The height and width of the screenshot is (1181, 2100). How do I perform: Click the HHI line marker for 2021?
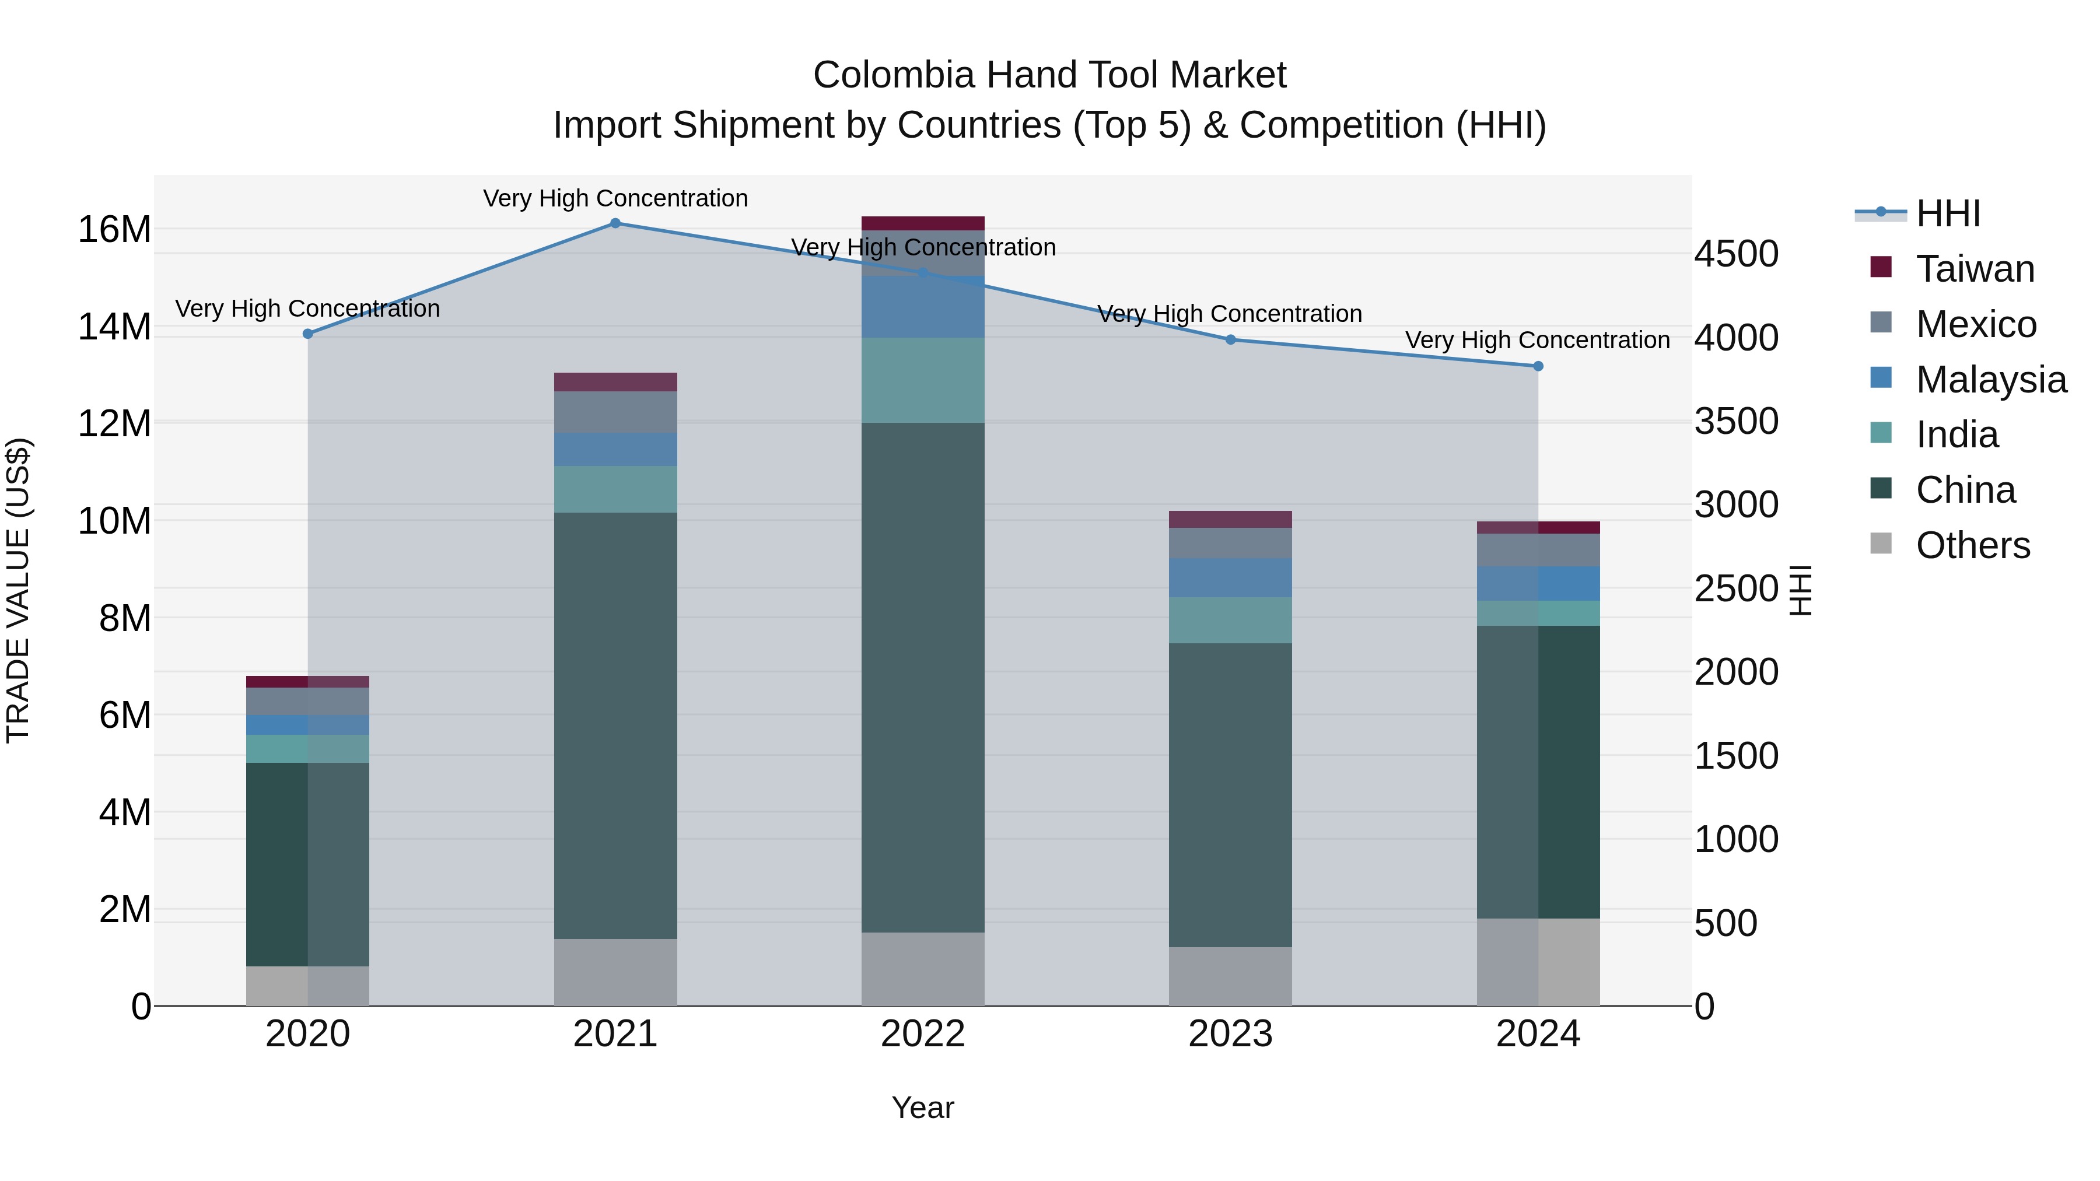pyautogui.click(x=615, y=223)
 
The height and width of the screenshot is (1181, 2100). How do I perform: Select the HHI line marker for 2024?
pyautogui.click(x=1538, y=366)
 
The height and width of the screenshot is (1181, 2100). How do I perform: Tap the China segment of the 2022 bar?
pyautogui.click(x=923, y=677)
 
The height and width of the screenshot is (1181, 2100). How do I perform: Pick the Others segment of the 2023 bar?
pyautogui.click(x=1230, y=976)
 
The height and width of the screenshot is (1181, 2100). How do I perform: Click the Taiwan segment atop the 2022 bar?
pyautogui.click(x=923, y=223)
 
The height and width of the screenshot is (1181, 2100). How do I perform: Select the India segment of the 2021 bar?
pyautogui.click(x=615, y=489)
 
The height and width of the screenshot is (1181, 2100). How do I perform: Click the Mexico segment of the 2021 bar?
pyautogui.click(x=615, y=412)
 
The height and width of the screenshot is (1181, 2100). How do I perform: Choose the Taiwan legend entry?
pyautogui.click(x=1975, y=269)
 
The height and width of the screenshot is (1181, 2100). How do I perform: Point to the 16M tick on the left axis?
pyautogui.click(x=114, y=230)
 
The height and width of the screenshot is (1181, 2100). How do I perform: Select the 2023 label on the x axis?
pyautogui.click(x=1230, y=1034)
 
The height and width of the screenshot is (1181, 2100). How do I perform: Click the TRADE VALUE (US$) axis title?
pyautogui.click(x=18, y=590)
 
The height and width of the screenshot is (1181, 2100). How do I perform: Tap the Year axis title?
pyautogui.click(x=922, y=1108)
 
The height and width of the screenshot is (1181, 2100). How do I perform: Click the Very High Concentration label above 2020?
pyautogui.click(x=307, y=309)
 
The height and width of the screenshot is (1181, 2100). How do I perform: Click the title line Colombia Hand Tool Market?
pyautogui.click(x=1049, y=75)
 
